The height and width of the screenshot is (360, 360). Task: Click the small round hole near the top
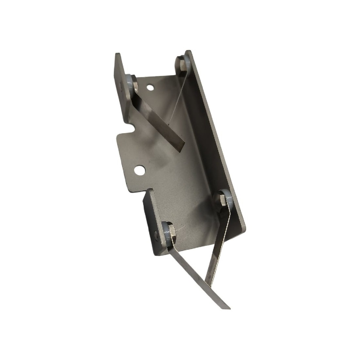click(150, 88)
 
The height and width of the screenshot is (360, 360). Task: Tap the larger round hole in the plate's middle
click(140, 170)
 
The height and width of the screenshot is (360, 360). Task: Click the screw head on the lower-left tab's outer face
click(156, 234)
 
